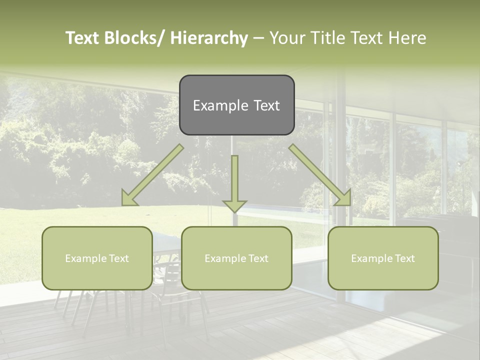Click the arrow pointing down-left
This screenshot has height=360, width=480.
[152, 175]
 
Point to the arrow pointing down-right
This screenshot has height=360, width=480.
[320, 175]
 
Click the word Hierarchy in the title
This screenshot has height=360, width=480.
[209, 38]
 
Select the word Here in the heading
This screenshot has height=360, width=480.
[407, 38]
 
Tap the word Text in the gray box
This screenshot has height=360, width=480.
[266, 105]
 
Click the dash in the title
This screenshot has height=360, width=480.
[258, 38]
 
